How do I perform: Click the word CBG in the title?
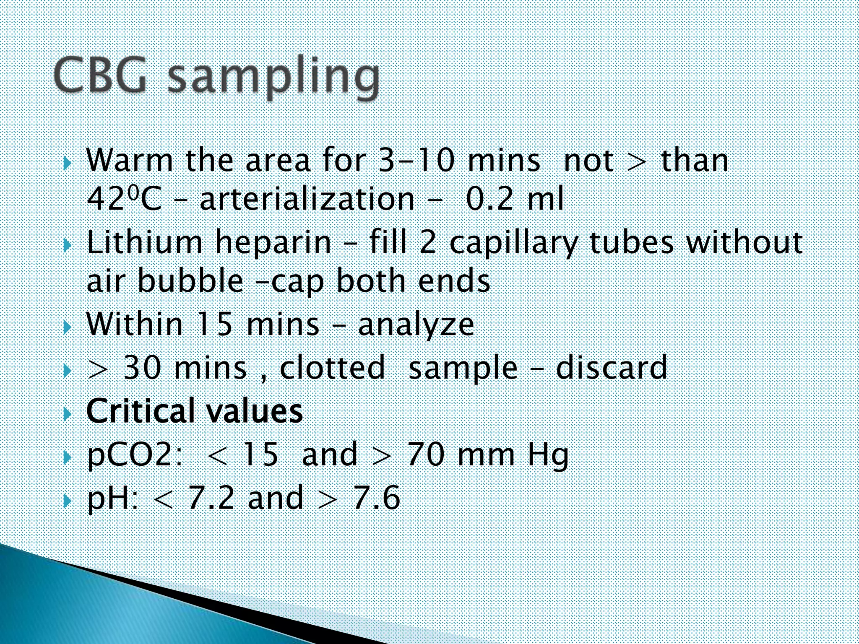[101, 75]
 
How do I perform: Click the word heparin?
[273, 243]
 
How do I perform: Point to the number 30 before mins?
[142, 368]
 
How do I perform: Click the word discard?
[612, 368]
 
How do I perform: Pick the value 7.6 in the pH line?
[377, 498]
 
